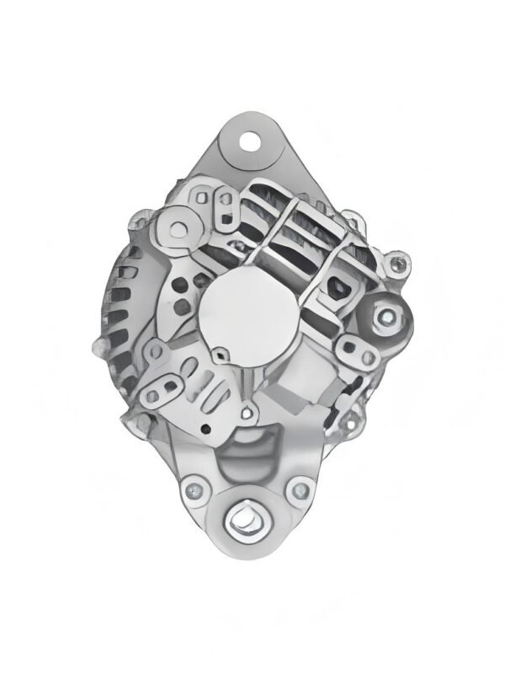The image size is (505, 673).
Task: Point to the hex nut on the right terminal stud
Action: tap(386, 317)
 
